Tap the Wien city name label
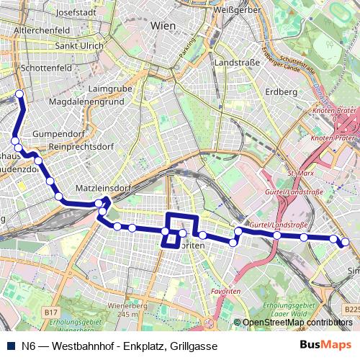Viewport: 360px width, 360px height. tap(163, 25)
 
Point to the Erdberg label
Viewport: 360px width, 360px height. tap(282, 92)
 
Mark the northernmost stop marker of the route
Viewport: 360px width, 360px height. tap(19, 95)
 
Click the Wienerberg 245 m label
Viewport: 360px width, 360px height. tap(122, 310)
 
